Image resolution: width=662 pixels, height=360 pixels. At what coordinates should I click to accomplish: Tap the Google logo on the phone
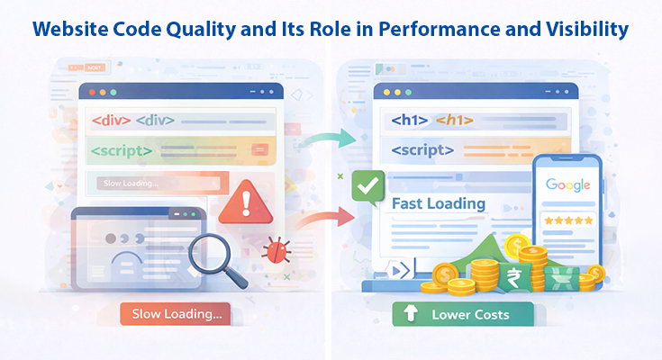[567, 185]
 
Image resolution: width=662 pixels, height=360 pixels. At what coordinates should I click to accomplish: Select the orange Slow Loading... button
[176, 314]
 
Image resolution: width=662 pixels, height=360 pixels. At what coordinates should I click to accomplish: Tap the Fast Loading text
[439, 203]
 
